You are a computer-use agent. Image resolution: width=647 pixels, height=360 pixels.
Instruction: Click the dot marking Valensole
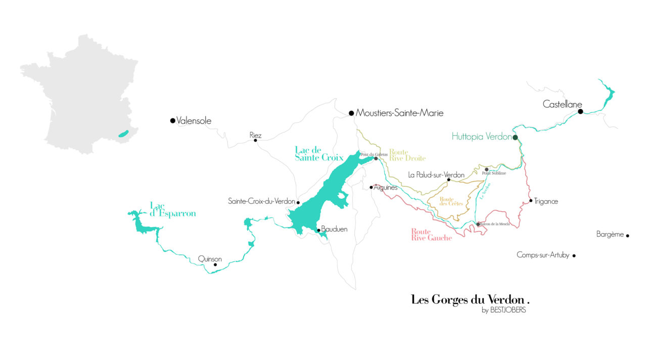173,120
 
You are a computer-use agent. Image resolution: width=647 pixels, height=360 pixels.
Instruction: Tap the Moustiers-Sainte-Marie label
399,113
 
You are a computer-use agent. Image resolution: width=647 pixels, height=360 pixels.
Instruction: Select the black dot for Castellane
580,111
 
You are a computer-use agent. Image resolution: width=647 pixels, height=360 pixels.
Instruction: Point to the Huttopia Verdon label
481,137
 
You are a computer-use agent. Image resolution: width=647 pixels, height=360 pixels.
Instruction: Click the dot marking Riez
255,140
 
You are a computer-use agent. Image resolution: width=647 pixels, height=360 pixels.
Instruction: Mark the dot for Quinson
215,264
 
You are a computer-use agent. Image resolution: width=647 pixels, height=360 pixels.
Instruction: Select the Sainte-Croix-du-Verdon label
261,201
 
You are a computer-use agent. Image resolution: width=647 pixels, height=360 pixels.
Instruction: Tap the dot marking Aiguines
371,187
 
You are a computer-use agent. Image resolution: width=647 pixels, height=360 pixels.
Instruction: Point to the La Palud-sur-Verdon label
436,175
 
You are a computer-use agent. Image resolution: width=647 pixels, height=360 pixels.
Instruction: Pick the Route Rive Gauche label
431,235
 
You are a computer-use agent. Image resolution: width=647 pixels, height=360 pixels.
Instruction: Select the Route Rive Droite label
407,155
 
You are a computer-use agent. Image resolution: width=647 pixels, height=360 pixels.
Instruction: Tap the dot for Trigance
531,201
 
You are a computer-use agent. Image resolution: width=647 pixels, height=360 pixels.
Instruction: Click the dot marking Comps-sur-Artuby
574,256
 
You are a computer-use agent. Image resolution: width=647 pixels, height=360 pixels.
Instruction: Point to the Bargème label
610,235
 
